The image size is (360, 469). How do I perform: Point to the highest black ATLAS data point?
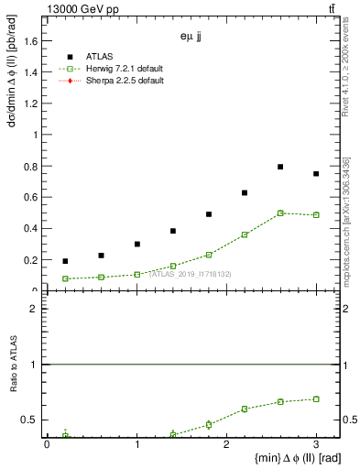(280, 167)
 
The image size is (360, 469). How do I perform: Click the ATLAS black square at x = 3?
(316, 174)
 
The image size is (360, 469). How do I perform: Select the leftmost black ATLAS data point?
(65, 261)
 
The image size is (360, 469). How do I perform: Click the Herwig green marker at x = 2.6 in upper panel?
(280, 213)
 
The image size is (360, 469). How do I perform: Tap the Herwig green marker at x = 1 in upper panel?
(136, 274)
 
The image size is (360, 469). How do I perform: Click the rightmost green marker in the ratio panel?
(316, 399)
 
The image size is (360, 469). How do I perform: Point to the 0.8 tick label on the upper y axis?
(33, 166)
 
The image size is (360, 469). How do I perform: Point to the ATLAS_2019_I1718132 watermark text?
(190, 274)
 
